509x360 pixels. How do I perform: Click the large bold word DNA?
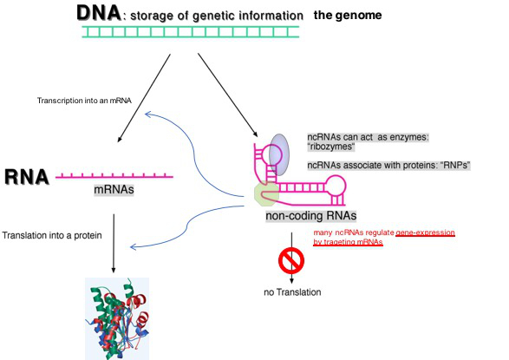99,13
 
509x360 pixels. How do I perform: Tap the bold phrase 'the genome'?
348,16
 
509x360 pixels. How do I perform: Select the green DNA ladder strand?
190,32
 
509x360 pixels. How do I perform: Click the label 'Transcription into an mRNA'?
84,101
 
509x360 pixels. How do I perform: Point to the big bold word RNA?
27,177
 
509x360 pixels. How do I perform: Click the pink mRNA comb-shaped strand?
114,176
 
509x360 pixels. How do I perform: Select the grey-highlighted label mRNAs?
114,189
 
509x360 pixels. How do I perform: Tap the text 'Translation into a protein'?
52,235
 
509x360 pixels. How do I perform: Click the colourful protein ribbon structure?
117,318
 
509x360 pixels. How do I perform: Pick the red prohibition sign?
291,260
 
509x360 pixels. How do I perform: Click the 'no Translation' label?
292,292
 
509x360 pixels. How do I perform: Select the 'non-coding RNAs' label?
311,216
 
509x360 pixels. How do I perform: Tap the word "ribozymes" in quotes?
330,147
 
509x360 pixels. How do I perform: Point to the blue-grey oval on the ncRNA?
279,154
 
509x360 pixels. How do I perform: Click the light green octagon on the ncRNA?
266,193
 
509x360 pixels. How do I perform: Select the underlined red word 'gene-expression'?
425,232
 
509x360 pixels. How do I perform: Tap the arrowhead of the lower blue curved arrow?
132,247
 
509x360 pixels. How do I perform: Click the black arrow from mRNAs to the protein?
114,243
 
